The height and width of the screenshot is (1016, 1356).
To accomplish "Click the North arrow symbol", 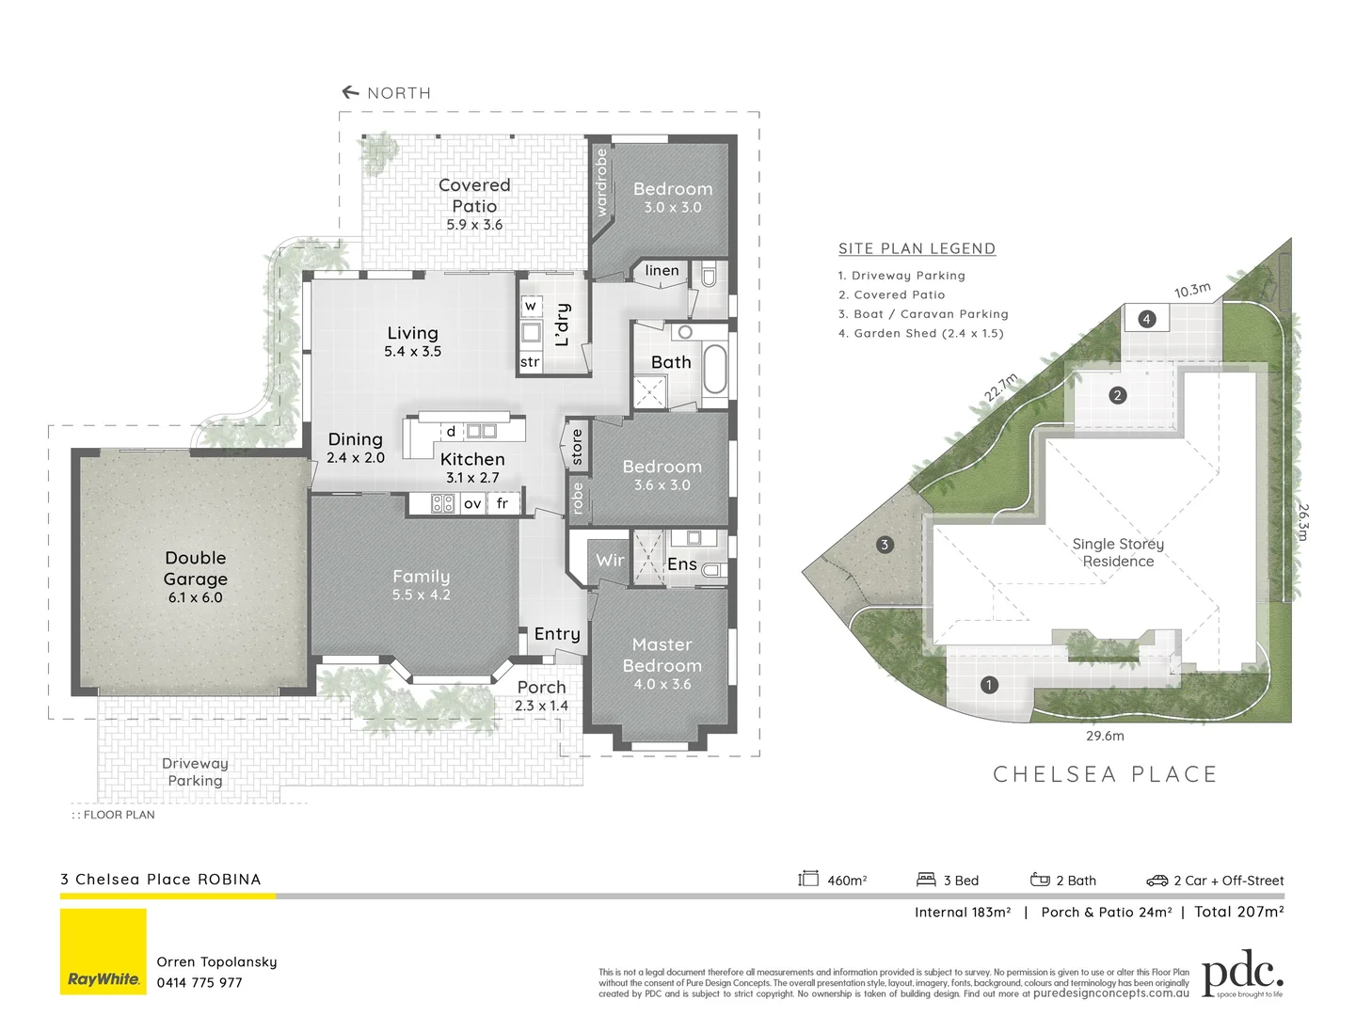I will pos(350,92).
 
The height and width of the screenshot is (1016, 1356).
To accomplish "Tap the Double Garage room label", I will pos(196,569).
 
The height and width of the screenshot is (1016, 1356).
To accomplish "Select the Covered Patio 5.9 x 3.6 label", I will pos(474,204).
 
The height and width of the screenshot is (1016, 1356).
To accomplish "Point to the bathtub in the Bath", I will pos(714,369).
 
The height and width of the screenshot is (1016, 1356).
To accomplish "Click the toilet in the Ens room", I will pos(713,569).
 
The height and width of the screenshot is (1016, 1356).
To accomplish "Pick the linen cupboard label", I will pos(662,271).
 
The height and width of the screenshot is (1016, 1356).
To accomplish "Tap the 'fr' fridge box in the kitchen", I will pos(503,503).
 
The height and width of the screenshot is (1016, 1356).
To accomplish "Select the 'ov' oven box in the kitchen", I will pos(472,503).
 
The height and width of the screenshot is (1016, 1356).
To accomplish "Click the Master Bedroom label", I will pos(662,656).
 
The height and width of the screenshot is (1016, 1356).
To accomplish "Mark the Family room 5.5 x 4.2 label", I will pos(421,584).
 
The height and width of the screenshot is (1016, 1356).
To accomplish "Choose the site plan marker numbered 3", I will pos(884,545).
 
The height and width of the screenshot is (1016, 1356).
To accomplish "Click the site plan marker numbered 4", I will pos(1146,319).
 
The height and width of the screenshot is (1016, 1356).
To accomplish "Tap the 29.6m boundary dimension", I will pos(1105,736).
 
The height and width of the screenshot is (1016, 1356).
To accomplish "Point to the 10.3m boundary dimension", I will pos(1192,290).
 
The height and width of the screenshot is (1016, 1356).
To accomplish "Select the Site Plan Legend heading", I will pos(917,248).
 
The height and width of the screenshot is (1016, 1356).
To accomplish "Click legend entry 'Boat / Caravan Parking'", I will pos(923,314).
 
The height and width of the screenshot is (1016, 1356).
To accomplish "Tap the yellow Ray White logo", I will pos(104,951).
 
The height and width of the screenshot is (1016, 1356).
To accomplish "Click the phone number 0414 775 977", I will pos(199,982).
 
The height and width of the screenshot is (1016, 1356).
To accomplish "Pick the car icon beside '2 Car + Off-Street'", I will pos(1157,881).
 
